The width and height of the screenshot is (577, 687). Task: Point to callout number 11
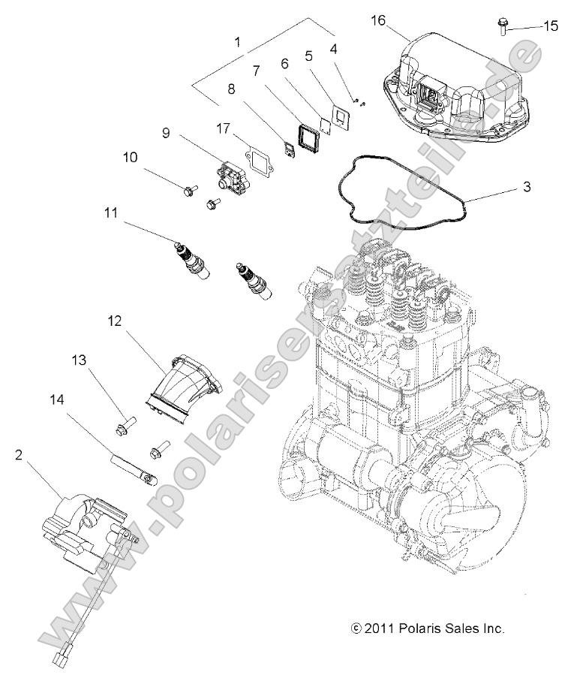click(112, 214)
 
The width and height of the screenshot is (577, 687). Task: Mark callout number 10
click(130, 158)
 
